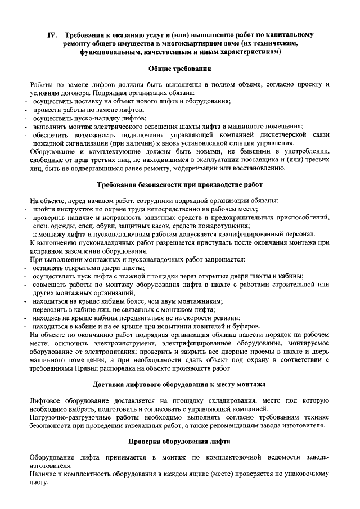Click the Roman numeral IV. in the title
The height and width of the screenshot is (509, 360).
click(52, 34)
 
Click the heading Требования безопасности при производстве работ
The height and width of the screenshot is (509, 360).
click(179, 184)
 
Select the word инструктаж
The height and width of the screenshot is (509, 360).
click(71, 209)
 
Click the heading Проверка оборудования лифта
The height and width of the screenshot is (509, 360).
click(179, 442)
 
